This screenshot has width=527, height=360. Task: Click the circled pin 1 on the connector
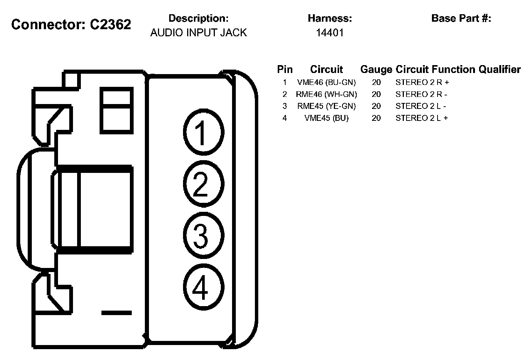click(203, 132)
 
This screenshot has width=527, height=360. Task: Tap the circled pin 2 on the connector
click(203, 183)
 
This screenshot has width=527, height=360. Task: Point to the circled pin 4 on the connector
click(203, 287)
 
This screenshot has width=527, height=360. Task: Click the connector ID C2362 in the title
click(110, 25)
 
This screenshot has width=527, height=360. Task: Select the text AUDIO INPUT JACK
click(198, 33)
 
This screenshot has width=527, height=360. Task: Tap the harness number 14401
click(329, 33)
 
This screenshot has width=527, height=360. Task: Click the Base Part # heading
click(461, 18)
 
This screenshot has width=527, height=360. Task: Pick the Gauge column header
click(376, 70)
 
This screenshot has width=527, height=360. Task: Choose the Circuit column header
click(326, 70)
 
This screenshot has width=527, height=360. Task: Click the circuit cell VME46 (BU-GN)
click(326, 82)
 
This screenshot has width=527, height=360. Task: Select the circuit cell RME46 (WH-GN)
click(326, 94)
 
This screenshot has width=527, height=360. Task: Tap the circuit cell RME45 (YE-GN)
click(326, 106)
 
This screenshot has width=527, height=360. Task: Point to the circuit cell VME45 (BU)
click(326, 118)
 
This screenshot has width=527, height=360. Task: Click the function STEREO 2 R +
click(422, 82)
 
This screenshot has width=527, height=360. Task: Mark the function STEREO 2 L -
click(421, 106)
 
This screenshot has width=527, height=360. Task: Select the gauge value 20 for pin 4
click(376, 118)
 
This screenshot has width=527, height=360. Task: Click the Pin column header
click(285, 70)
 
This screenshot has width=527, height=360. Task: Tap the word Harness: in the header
click(330, 18)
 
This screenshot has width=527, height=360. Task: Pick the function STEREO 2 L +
click(422, 118)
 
